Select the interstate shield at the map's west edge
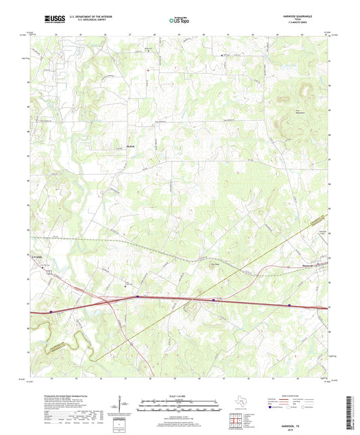point(51,311)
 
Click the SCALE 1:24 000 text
point(180,396)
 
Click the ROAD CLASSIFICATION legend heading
point(297,396)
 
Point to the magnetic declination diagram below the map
point(120,407)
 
